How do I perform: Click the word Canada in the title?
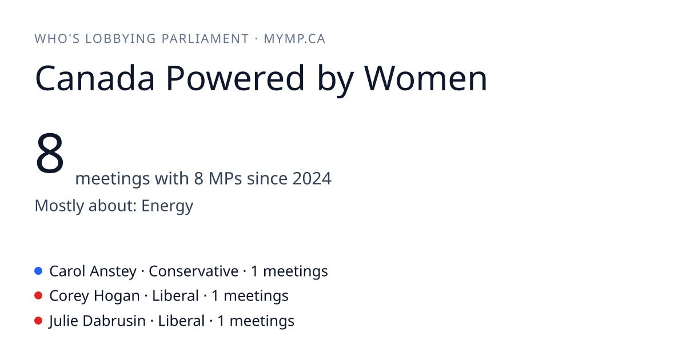pyautogui.click(x=95, y=78)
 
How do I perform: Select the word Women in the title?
pyautogui.click(x=426, y=78)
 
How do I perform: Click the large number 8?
pyautogui.click(x=50, y=153)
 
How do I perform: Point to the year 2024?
pyautogui.click(x=312, y=178)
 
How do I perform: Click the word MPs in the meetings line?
pyautogui.click(x=225, y=178)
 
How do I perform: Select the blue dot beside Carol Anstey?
pyautogui.click(x=38, y=271)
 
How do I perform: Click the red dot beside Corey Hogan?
pyautogui.click(x=38, y=296)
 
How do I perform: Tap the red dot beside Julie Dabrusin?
pyautogui.click(x=38, y=321)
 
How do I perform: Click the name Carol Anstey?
pyautogui.click(x=93, y=271)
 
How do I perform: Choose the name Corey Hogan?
pyautogui.click(x=94, y=297)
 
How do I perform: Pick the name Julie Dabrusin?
pyautogui.click(x=97, y=321)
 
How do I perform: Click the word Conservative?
pyautogui.click(x=194, y=271)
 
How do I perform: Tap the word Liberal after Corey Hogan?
pyautogui.click(x=176, y=296)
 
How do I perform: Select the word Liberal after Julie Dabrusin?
pyautogui.click(x=181, y=321)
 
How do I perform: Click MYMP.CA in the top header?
pyautogui.click(x=294, y=39)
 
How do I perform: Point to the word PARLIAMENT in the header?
pyautogui.click(x=205, y=39)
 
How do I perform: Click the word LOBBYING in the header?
pyautogui.click(x=121, y=39)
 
